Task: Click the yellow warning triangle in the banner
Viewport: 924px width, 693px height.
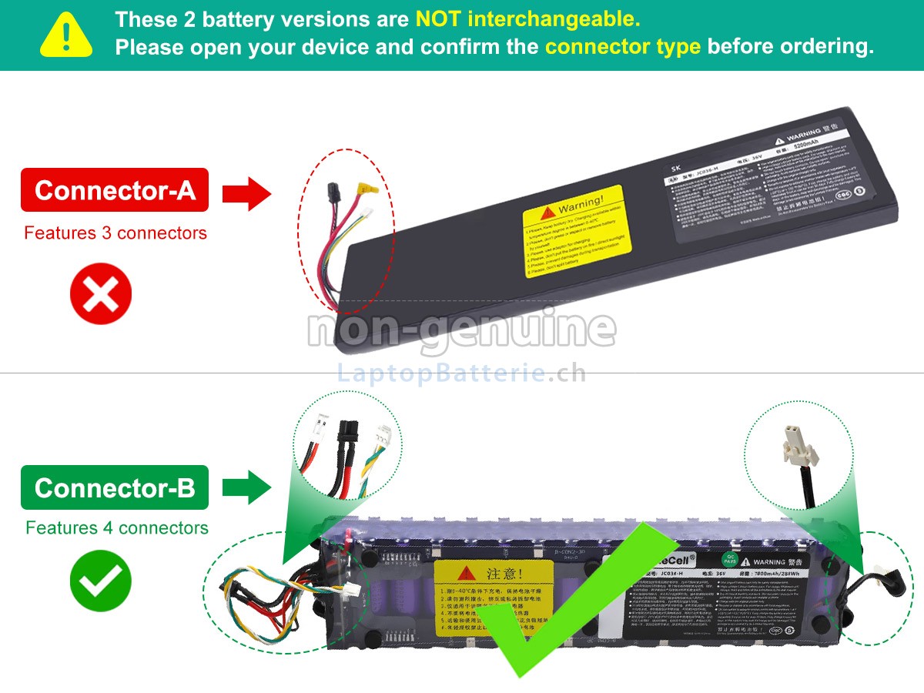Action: [x=66, y=35]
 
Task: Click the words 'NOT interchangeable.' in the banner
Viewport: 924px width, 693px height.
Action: [x=527, y=18]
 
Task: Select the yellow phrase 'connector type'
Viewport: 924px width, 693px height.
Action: [x=622, y=46]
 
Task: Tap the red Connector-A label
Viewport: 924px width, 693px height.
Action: [x=115, y=190]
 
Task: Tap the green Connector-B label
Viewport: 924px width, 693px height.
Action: [x=115, y=487]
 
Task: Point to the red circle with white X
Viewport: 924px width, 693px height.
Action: [x=101, y=293]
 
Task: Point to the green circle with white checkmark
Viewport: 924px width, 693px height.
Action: [x=101, y=581]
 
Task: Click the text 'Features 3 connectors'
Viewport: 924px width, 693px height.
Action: [x=115, y=233]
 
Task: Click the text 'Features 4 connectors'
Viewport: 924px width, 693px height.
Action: [x=116, y=528]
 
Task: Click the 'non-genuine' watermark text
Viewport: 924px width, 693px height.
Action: [x=462, y=329]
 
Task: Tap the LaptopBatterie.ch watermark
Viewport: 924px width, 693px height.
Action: [x=462, y=373]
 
